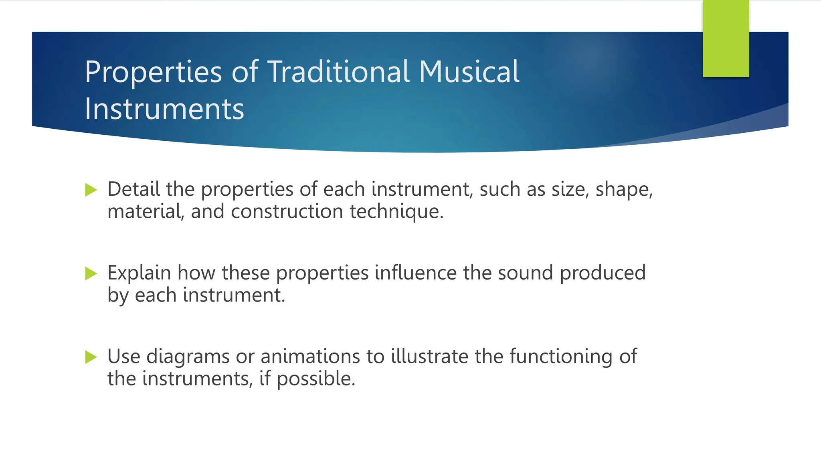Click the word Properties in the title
tap(153, 72)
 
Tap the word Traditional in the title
tap(339, 72)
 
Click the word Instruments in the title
tap(164, 109)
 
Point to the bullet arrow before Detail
tap(91, 190)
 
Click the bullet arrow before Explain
tap(91, 274)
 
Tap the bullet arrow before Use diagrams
tap(91, 357)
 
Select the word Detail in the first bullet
tap(133, 189)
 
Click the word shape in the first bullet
tap(624, 190)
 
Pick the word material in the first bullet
tap(146, 211)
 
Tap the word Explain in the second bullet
tap(139, 273)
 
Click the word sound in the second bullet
tap(526, 273)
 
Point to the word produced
tap(603, 273)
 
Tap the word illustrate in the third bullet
tap(429, 356)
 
